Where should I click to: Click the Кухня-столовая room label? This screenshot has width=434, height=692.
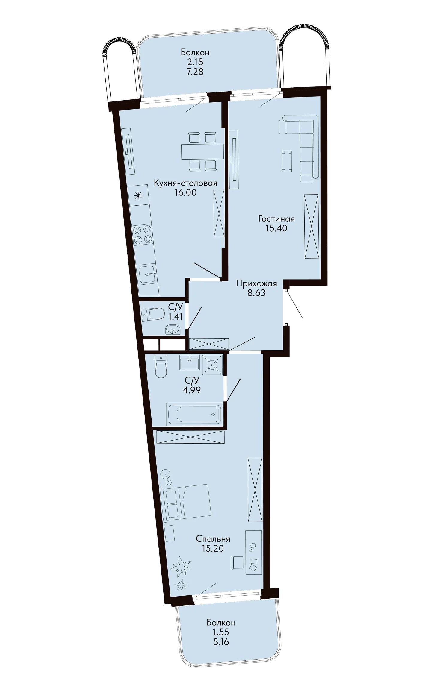185,183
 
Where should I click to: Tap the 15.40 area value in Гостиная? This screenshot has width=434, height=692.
276,228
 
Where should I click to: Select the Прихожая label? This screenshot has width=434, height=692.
256,283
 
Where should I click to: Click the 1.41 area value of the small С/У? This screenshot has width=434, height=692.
175,316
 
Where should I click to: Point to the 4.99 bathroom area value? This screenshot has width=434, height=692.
192,390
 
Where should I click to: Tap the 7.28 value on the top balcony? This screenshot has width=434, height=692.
195,72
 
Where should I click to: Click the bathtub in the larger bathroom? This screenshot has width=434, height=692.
195,414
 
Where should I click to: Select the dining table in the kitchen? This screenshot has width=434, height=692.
202,151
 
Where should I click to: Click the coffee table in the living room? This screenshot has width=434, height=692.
287,161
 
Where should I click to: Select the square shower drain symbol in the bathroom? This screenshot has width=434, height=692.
212,365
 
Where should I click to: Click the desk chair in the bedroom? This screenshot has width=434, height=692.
237,562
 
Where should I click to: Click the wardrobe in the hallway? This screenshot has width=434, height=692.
209,344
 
